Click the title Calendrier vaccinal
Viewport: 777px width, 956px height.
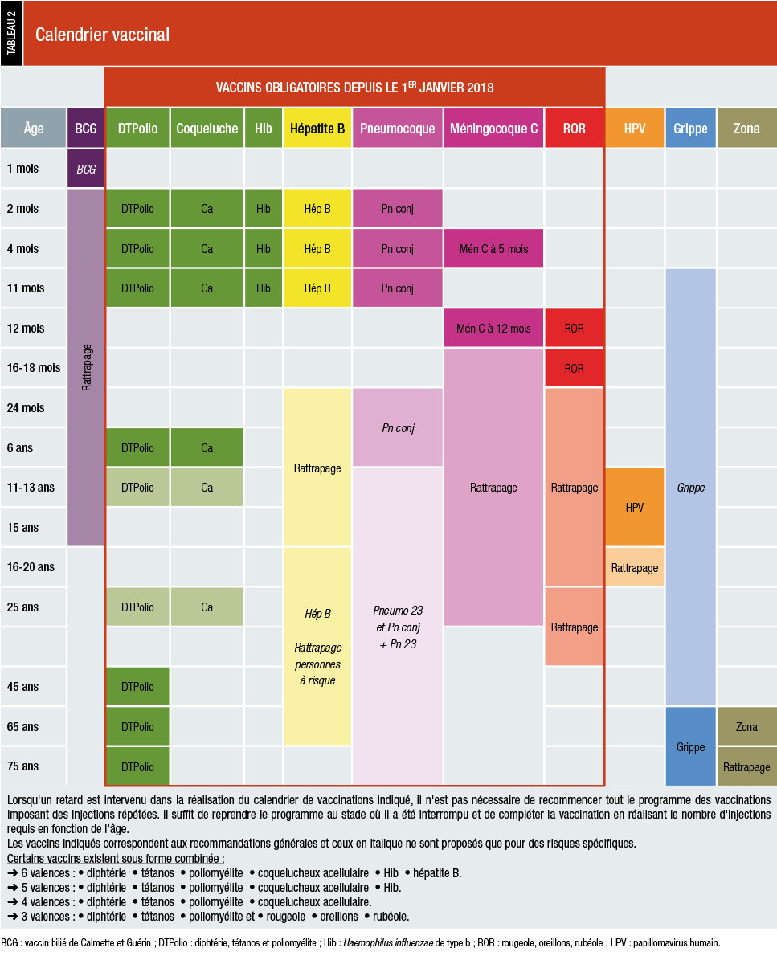[102, 35]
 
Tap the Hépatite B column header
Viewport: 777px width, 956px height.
[317, 129]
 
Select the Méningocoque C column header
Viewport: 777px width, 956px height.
[493, 129]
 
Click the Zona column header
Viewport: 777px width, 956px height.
[746, 129]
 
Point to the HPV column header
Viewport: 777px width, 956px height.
[634, 129]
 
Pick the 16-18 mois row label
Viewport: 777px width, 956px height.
[34, 368]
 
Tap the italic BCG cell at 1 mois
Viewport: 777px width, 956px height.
[86, 170]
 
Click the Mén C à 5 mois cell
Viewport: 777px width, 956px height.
[493, 249]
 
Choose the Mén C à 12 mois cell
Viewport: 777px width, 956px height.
[493, 329]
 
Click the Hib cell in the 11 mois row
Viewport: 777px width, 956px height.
[264, 288]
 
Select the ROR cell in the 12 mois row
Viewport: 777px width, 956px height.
[575, 329]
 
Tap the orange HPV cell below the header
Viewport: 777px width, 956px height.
[634, 508]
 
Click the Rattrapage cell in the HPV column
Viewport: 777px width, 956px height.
[634, 568]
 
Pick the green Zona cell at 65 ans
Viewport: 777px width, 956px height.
[746, 727]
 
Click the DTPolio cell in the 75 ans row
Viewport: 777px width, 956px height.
[137, 767]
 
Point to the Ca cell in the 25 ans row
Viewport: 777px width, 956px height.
[207, 607]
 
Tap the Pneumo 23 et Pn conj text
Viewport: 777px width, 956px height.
[397, 619]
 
